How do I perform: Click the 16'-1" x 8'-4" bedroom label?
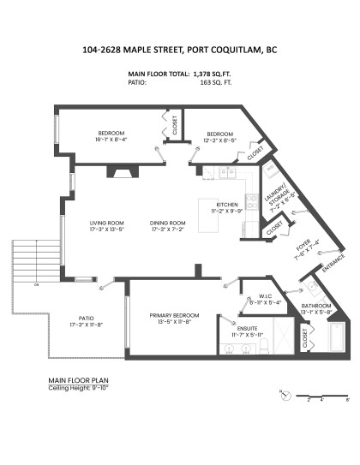111,136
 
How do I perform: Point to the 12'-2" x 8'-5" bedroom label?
220,137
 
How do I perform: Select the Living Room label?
108,226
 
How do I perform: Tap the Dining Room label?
167,226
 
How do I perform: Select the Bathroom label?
317,309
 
